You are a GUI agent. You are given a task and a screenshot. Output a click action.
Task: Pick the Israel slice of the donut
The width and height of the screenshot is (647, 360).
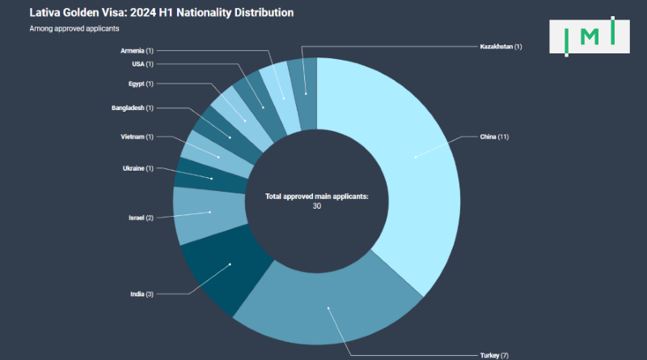point(209,213)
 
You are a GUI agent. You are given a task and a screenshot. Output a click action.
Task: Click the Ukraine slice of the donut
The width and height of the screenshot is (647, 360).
point(212,178)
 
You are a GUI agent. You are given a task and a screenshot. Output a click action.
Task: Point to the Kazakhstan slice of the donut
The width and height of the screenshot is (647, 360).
point(306,94)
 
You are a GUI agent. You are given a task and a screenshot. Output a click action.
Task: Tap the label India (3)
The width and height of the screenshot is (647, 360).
point(142,293)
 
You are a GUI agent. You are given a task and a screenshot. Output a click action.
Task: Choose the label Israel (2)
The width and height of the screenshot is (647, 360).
point(141,218)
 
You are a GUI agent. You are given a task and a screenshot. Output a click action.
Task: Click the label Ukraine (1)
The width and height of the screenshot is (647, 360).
point(137,168)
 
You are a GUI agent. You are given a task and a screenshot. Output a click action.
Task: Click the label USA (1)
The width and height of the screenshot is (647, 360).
point(142,64)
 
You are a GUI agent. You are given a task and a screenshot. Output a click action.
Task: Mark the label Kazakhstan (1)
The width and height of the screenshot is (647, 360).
point(500,46)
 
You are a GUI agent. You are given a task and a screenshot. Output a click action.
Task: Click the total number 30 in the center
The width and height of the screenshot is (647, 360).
point(316,205)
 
